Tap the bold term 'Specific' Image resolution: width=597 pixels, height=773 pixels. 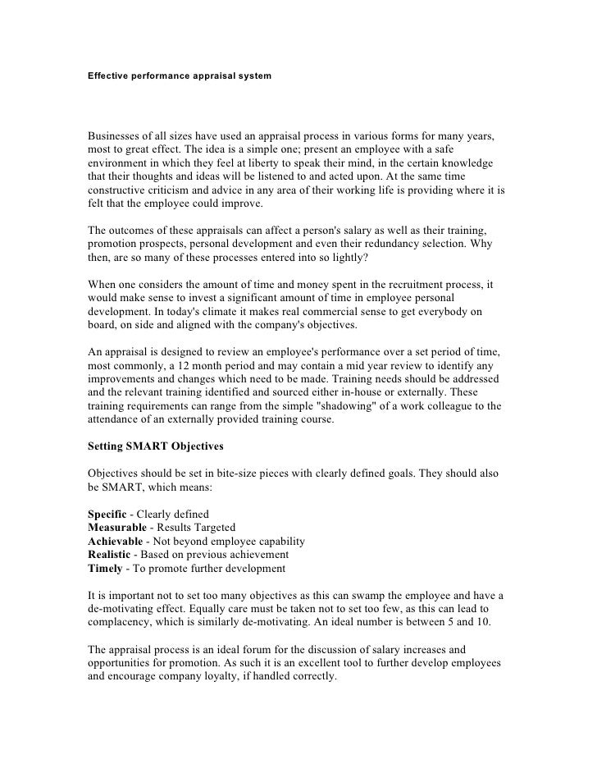coord(108,513)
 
